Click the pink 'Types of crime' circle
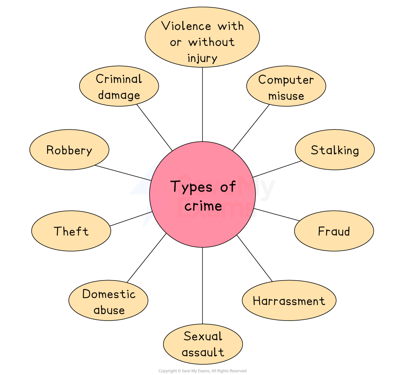pos(202,221)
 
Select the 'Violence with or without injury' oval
pos(202,37)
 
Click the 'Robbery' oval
pos(69,150)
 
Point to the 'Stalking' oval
pos(335,150)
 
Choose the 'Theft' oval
pos(71,231)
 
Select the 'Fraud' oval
pos(334,231)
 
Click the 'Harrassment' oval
pos(289,300)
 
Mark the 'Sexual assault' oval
pos(203,344)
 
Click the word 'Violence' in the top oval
pos(186,26)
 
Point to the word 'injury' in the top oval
pos(202,58)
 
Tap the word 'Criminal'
pos(119,79)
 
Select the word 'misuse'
pos(286,96)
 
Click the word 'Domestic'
pos(109,294)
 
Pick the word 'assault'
pos(203,352)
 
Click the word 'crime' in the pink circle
pos(203,206)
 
